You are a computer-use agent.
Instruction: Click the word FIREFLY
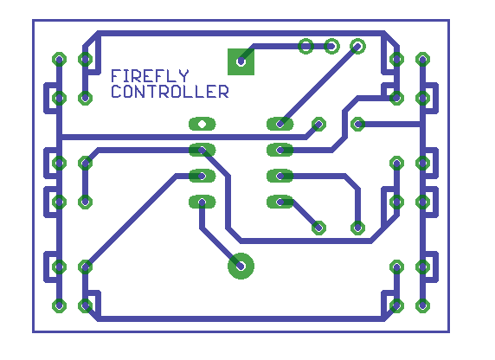click(150, 76)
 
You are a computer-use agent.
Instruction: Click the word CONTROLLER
click(170, 91)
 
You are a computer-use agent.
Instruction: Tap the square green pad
click(241, 61)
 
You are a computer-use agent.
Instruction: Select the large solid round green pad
click(241, 266)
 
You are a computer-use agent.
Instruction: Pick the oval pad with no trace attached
click(202, 124)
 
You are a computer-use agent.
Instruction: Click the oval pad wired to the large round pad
click(202, 202)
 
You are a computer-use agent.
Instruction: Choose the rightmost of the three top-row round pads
click(357, 47)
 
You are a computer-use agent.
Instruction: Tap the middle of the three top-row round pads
click(331, 47)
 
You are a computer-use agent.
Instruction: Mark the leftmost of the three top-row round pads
click(305, 47)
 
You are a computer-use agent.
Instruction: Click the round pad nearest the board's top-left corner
click(59, 60)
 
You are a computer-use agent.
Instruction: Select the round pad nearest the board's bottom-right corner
click(422, 305)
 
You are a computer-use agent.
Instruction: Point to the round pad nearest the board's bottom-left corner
click(59, 305)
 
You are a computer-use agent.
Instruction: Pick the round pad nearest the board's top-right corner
click(422, 60)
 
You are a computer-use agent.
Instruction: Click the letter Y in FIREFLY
click(184, 76)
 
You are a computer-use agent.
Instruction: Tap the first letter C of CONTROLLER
click(116, 91)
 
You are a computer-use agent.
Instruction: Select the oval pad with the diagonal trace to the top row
click(280, 124)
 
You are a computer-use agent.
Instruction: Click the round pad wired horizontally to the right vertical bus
click(357, 124)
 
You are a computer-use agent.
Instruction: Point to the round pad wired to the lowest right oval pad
click(318, 228)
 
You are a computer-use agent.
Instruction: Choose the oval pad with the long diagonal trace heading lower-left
click(202, 176)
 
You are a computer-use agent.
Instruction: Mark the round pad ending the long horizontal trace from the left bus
click(318, 124)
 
